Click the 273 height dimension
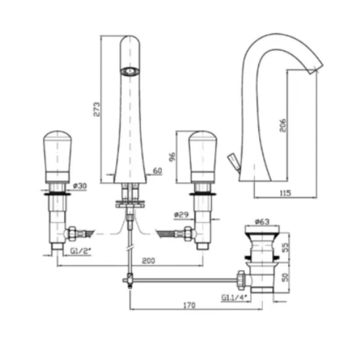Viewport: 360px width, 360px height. click(97, 109)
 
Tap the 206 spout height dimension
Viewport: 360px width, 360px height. click(283, 125)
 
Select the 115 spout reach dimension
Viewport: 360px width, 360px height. click(285, 193)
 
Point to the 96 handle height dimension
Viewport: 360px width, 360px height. click(172, 157)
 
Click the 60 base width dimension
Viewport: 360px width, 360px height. click(157, 171)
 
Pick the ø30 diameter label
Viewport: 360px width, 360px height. click(80, 186)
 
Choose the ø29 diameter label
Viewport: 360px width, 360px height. click(181, 215)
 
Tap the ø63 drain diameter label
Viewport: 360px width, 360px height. click(262, 221)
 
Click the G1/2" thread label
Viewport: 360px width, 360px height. click(81, 251)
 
